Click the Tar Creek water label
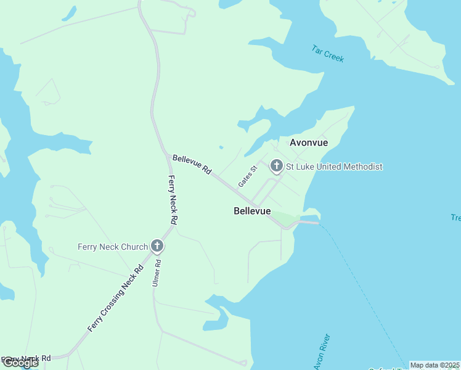(328, 54)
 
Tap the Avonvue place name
(309, 142)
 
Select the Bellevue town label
(252, 211)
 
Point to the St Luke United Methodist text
(334, 166)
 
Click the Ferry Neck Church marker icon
(157, 247)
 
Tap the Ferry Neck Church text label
(113, 247)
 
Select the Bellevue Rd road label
(192, 164)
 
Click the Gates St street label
(247, 177)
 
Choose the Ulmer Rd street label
(157, 272)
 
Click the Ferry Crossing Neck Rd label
(115, 298)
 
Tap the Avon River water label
(322, 352)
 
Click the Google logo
(20, 363)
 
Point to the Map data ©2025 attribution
(435, 365)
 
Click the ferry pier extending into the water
(308, 222)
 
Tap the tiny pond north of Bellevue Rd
(221, 147)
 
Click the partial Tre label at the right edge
(455, 218)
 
